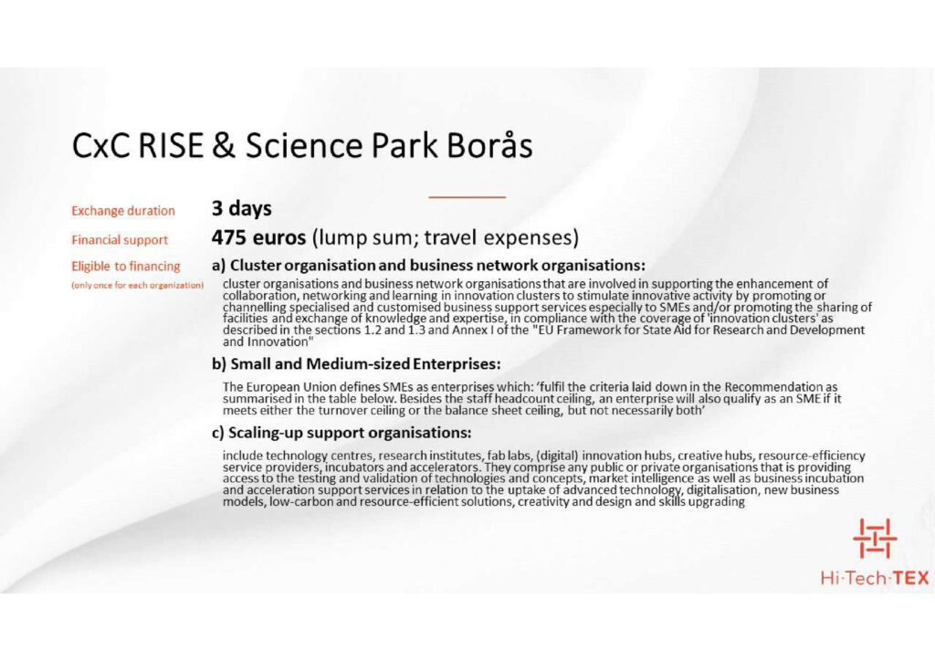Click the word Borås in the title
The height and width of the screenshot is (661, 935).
tap(489, 144)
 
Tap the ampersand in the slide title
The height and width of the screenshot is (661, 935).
tap(224, 145)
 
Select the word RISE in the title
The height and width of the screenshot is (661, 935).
tap(171, 145)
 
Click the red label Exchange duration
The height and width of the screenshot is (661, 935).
tap(123, 211)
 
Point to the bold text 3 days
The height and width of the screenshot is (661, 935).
tap(241, 208)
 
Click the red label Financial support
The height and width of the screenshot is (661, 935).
tap(120, 240)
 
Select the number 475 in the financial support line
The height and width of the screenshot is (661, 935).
tap(228, 237)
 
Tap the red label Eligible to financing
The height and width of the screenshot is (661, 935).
tap(126, 267)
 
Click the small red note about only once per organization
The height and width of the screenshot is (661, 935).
tap(138, 285)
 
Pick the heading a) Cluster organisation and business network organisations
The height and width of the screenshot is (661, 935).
tap(428, 265)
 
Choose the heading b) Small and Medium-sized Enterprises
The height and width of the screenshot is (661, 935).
tap(356, 363)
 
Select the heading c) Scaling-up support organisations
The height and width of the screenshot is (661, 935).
tap(341, 432)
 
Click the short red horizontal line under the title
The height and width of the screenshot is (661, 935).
tap(467, 196)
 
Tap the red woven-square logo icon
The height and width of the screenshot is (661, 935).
tap(875, 539)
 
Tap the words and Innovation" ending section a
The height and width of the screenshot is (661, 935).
tap(268, 342)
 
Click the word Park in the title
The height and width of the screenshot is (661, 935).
tap(404, 145)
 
